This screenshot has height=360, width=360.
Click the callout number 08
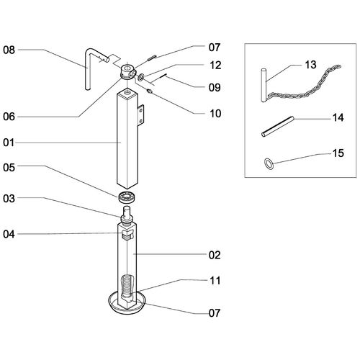point(9,50)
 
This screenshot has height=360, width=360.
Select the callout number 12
point(215,66)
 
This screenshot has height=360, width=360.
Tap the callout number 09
point(215,88)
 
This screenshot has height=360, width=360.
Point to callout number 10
point(215,114)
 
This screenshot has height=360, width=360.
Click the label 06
point(9,117)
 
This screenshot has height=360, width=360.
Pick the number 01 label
point(9,143)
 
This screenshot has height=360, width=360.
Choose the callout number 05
point(9,168)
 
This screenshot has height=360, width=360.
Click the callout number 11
point(215,281)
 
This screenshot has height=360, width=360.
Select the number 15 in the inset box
point(338,153)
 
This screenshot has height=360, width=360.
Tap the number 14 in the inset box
point(338,118)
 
